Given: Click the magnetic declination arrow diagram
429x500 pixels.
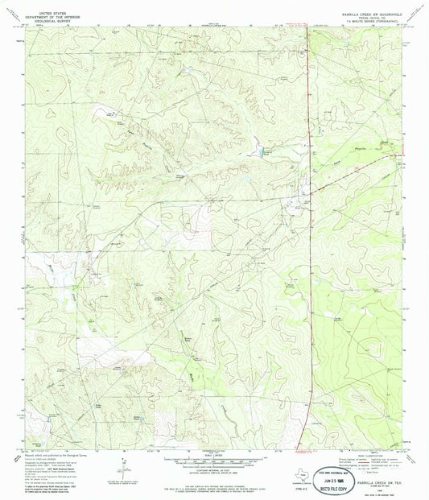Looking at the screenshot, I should pyautogui.click(x=123, y=465).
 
